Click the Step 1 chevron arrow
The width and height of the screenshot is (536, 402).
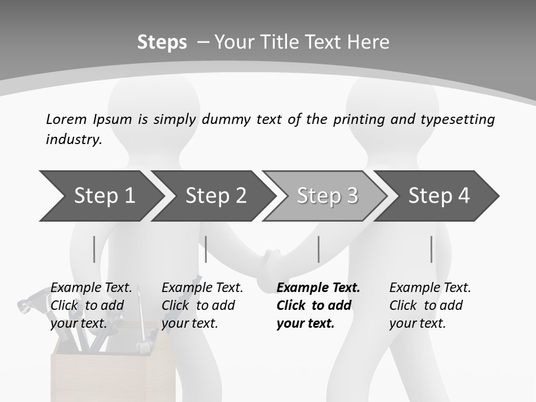[100, 196]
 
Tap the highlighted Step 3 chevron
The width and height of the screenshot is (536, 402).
[327, 196]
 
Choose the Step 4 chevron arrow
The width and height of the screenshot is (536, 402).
[438, 196]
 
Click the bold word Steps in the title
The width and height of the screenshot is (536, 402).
[162, 42]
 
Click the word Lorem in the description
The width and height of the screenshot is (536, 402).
[66, 119]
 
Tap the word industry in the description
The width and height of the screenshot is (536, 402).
[73, 140]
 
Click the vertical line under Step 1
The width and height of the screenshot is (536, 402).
[94, 249]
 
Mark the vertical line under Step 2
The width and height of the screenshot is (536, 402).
[206, 249]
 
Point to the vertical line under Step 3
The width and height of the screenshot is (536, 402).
[318, 249]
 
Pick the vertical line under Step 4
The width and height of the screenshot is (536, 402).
[431, 249]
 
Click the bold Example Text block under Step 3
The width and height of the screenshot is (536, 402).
[318, 305]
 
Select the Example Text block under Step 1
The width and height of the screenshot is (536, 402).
[91, 305]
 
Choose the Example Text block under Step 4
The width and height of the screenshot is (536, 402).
[429, 305]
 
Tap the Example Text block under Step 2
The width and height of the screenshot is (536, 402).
[202, 305]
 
